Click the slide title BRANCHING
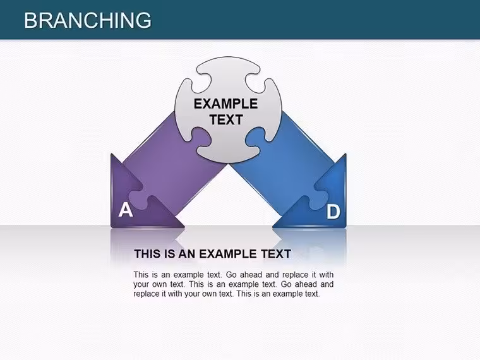[88, 20]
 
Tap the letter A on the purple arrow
[126, 210]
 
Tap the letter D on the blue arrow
[333, 212]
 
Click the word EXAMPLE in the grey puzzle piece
[225, 104]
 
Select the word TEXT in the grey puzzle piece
[226, 119]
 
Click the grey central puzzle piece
[228, 110]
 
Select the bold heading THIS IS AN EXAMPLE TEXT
[212, 254]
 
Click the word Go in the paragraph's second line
[286, 284]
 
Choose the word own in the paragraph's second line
[159, 284]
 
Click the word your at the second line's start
[141, 285]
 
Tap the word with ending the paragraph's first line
[327, 275]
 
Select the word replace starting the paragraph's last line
[147, 294]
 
